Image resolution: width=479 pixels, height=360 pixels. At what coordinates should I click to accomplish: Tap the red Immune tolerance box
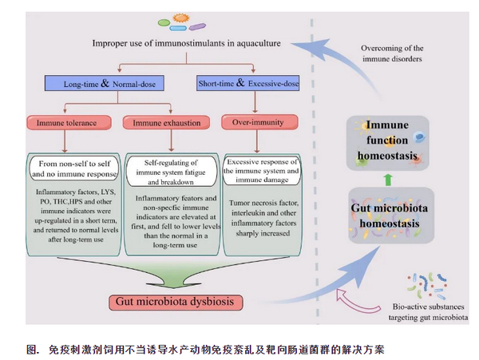pos(65,123)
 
